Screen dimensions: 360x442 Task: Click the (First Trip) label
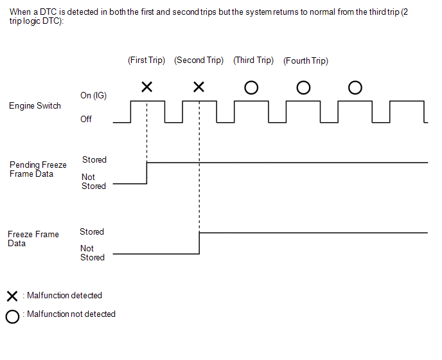tap(146, 60)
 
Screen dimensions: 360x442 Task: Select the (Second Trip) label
tap(199, 60)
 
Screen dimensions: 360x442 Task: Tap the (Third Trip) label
tap(253, 60)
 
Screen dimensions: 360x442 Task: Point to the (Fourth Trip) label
tap(305, 61)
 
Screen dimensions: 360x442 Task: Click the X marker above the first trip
tap(146, 87)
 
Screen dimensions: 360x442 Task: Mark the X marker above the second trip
tap(199, 87)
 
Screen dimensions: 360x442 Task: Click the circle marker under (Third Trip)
tap(251, 87)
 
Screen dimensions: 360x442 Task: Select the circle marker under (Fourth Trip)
tap(303, 87)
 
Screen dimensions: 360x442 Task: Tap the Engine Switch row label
tap(35, 106)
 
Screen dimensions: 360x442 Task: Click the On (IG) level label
tap(93, 95)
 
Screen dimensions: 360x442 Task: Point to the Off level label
tap(86, 119)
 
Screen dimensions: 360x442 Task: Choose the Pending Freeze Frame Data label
tap(38, 170)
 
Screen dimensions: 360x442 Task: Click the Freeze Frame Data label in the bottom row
tap(33, 239)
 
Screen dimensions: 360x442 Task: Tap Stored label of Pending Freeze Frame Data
tap(94, 159)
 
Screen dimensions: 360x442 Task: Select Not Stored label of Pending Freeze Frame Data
tap(93, 181)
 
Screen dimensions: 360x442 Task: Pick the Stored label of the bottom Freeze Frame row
tap(92, 231)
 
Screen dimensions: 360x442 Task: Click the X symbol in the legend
tap(12, 296)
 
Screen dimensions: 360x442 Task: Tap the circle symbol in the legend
tap(12, 317)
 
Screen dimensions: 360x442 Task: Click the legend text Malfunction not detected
tap(71, 314)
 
